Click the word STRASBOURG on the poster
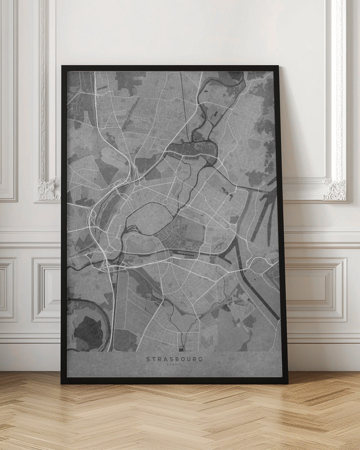pyautogui.click(x=174, y=359)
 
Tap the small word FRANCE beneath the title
pyautogui.click(x=174, y=365)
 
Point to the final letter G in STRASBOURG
pyautogui.click(x=200, y=359)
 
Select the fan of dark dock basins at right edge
pyautogui.click(x=265, y=211)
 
